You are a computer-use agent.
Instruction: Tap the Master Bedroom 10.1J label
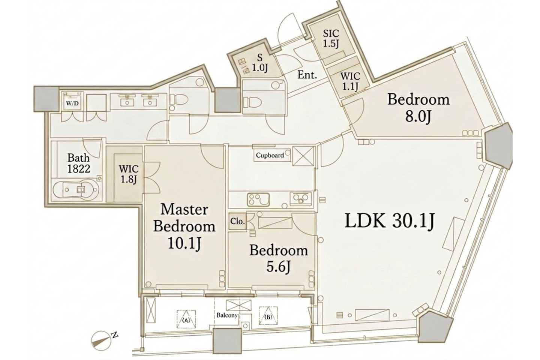184,226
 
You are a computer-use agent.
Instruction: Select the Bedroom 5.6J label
278,258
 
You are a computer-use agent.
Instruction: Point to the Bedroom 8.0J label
418,108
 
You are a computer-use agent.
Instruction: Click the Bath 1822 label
79,163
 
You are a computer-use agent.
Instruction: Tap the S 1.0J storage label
259,63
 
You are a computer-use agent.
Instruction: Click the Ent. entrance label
307,75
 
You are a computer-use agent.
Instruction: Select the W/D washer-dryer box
72,101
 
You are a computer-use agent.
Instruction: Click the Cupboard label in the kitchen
270,155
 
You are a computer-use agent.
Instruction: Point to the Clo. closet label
238,221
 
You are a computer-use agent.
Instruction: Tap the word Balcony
227,315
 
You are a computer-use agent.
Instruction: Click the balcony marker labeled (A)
186,319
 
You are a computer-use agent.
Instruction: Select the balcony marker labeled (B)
268,316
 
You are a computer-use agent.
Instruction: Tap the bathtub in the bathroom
76,190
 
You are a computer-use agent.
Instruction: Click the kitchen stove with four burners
258,199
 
